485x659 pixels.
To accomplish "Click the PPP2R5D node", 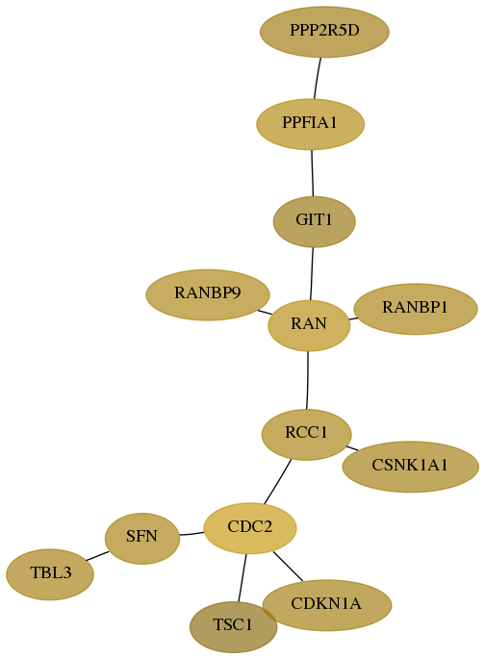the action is point(324,32).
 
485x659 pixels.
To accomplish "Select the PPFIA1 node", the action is point(310,124).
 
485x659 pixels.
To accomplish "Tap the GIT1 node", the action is point(314,221).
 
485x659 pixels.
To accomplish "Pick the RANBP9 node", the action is point(208,294).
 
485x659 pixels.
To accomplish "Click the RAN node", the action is point(309,325).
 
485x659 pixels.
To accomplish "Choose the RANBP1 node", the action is point(416,309).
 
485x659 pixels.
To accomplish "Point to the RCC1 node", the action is point(306,434).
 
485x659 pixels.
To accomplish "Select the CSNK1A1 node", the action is point(410,467).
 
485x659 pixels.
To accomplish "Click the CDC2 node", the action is point(250,528).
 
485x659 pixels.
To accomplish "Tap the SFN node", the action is point(142,538).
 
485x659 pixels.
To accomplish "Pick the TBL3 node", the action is point(50,574).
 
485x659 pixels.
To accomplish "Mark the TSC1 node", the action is point(233,626).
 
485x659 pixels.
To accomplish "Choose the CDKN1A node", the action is point(327,605).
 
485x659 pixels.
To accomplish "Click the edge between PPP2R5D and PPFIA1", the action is point(318,79).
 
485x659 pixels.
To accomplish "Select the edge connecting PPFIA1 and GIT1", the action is point(312,173).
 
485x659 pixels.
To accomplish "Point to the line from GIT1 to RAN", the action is point(312,273).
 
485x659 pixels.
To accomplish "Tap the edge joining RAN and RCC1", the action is point(308,380).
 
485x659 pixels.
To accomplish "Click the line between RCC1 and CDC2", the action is point(277,481).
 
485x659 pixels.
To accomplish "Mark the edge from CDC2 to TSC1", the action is point(242,577).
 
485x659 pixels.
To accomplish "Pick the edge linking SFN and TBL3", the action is point(97,556).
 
